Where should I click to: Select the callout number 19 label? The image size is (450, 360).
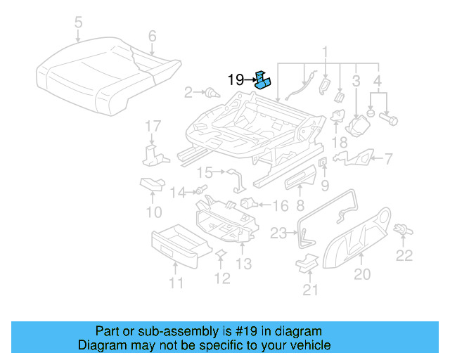point(236,79)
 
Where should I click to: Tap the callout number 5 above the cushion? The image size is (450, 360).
point(78,23)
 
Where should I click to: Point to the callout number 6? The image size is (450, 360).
point(152,36)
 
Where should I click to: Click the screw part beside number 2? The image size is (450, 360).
point(208,91)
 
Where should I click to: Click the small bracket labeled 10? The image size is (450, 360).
point(152,184)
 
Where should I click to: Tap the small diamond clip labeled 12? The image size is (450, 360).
point(219,254)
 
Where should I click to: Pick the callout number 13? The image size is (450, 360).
point(243,264)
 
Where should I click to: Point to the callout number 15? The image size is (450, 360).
point(205,172)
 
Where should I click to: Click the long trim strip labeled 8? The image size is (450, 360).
point(300,184)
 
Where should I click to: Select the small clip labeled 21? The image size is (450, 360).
point(305,262)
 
